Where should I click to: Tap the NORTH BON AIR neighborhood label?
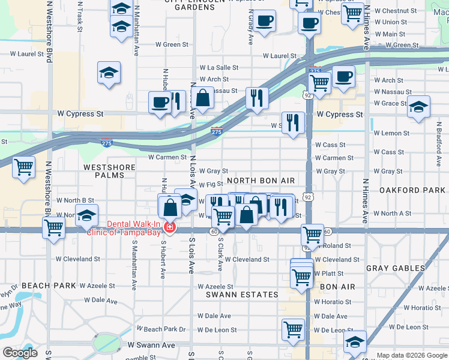pos(261,181)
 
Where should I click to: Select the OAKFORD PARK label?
pos(412,190)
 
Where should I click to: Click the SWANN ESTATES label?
pos(242,295)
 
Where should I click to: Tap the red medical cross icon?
pos(170,229)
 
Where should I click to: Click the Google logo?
pos(20,353)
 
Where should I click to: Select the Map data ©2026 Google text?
pos(411,355)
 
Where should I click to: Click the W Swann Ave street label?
pos(151,345)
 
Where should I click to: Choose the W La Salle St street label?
pos(219,68)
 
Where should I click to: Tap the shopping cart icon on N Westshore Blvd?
pos(53,227)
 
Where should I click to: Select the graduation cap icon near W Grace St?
pos(418,106)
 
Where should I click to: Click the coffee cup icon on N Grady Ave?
pos(264,22)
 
